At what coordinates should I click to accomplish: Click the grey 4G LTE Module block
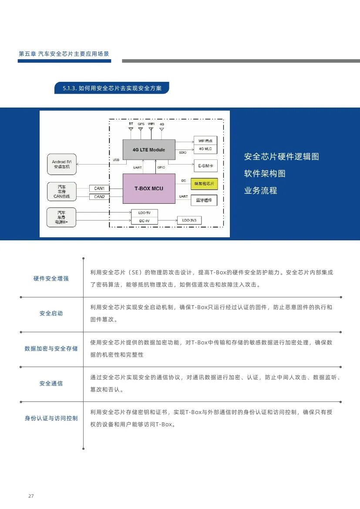(x=149, y=149)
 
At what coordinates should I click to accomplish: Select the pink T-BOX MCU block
(x=149, y=188)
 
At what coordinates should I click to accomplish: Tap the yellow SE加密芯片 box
(x=204, y=184)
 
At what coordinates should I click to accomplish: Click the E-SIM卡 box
(x=205, y=165)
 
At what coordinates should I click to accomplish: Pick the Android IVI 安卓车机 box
(x=61, y=164)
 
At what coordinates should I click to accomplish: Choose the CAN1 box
(x=99, y=188)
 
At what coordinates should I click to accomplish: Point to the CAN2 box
(x=99, y=197)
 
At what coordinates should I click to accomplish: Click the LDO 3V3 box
(x=189, y=221)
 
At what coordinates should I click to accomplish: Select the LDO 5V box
(x=145, y=213)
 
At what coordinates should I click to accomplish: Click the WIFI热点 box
(x=205, y=140)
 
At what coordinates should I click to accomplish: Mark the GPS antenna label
(x=141, y=124)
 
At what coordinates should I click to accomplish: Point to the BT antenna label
(x=131, y=124)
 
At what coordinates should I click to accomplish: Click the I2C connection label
(x=183, y=180)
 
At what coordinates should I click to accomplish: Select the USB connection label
(x=116, y=160)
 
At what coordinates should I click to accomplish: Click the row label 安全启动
(x=51, y=313)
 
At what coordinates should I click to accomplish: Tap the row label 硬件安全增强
(x=51, y=278)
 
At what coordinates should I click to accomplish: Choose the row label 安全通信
(x=51, y=383)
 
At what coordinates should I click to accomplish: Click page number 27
(x=31, y=496)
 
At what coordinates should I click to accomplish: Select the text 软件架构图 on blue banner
(x=265, y=173)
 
